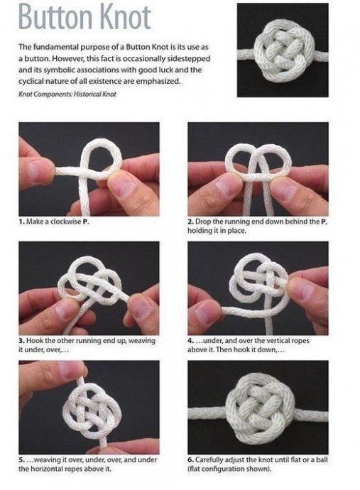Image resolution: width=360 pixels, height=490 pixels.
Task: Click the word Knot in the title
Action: [128, 18]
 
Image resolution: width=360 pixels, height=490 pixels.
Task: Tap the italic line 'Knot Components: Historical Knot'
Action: [67, 94]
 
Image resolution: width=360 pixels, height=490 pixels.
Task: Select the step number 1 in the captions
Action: [21, 222]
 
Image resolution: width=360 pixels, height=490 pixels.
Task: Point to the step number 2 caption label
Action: [190, 222]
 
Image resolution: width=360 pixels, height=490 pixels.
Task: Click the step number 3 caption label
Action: [21, 340]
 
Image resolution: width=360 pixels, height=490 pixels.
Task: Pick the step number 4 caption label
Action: [190, 340]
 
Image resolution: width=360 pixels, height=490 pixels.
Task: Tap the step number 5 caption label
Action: [21, 459]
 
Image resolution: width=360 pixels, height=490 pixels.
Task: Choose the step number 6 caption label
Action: [190, 459]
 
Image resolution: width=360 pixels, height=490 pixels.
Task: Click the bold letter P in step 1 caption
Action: [84, 222]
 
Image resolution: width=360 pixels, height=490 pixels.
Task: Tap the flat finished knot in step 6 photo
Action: [260, 408]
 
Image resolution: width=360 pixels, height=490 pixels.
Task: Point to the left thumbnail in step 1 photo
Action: [39, 170]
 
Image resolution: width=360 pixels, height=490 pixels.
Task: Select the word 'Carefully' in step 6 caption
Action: [208, 460]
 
